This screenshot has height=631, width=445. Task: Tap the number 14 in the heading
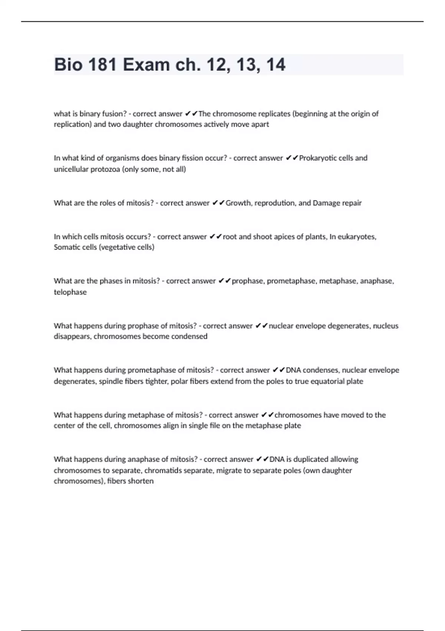[x=276, y=65]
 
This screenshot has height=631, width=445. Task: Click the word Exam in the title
[x=146, y=65]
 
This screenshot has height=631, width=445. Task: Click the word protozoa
[x=105, y=169]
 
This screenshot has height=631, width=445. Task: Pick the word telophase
[x=70, y=292]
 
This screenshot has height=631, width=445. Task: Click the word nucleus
[x=386, y=326]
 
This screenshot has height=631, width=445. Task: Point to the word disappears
[x=72, y=337]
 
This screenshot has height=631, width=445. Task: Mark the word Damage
[x=325, y=203]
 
